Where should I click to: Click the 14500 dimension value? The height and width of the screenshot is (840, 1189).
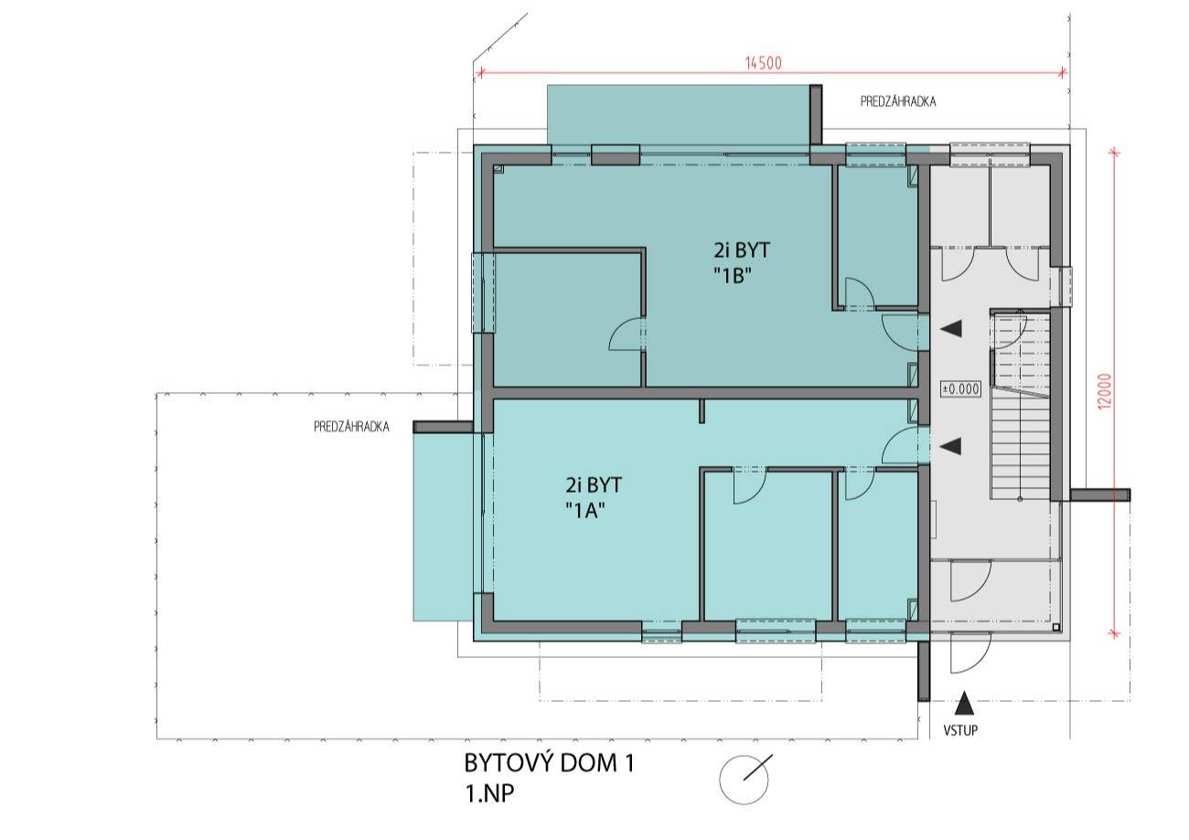764,63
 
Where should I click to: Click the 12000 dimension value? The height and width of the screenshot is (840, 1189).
1105,391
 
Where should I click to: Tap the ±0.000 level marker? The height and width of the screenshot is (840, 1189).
960,388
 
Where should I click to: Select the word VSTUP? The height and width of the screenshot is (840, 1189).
960,730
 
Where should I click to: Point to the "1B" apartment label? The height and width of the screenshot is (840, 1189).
734,275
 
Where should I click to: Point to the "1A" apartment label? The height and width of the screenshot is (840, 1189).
585,510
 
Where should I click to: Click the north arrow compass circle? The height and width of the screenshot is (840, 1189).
744,780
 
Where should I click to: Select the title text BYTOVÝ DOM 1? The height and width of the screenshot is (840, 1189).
550,763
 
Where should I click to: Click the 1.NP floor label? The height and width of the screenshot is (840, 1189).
489,794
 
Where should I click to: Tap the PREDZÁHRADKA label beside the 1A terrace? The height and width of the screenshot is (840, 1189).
351,427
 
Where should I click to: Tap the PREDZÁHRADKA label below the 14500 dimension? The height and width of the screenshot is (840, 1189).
898,101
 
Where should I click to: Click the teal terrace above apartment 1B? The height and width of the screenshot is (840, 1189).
679,114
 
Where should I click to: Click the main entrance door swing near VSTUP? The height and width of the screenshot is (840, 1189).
970,654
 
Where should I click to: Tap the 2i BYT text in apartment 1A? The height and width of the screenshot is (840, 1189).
594,484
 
